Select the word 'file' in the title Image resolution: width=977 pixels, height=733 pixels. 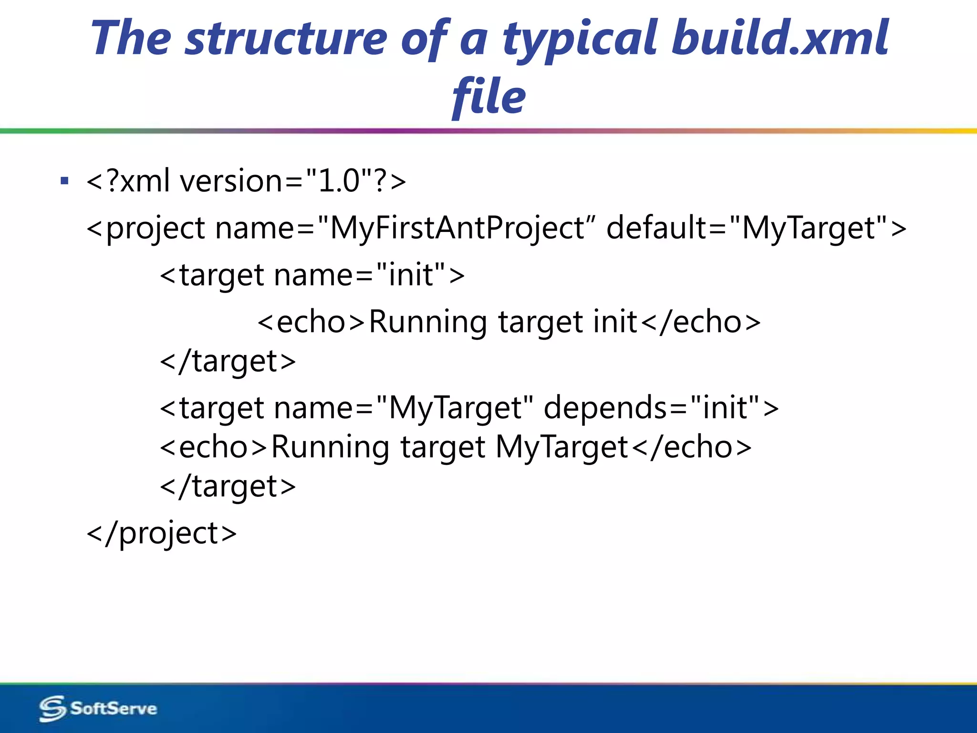(488, 97)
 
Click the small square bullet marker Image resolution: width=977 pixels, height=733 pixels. (65, 181)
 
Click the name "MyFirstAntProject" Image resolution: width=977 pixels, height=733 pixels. (457, 228)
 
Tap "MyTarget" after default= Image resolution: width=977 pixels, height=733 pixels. (808, 228)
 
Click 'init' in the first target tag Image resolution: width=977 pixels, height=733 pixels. (411, 275)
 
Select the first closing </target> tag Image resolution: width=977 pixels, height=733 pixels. (228, 361)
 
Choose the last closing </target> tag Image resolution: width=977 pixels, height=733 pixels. (228, 487)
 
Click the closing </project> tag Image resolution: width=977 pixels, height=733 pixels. (162, 534)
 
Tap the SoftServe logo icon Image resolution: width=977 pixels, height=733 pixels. (52, 708)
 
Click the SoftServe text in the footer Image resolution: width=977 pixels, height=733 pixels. (114, 708)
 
